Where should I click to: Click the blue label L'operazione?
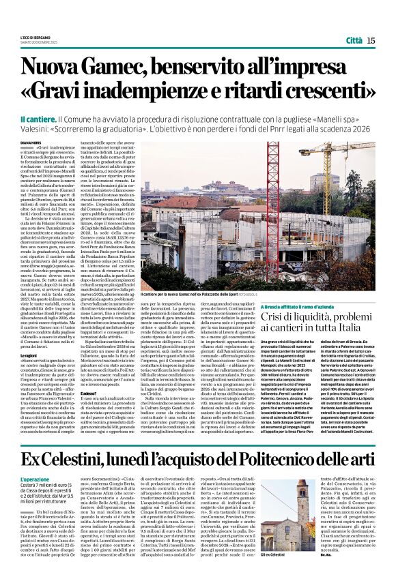(x=35, y=461)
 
